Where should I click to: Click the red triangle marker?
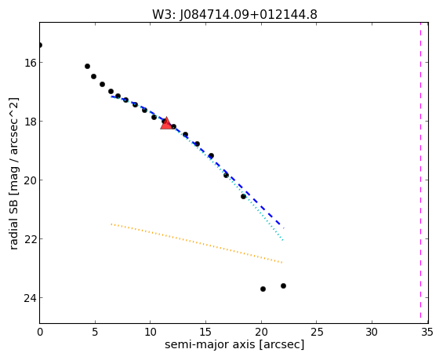[x=166, y=123]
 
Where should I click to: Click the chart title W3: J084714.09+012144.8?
[x=234, y=14]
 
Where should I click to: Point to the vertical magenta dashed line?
[x=420, y=173]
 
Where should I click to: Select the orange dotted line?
[x=197, y=243]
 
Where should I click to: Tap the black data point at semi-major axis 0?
[x=40, y=45]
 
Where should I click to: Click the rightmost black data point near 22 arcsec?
[x=283, y=286]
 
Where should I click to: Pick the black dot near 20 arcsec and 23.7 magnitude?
[x=263, y=289]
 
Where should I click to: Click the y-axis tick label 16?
[x=30, y=63]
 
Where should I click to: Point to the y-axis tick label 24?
[x=30, y=298]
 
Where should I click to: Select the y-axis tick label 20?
[x=30, y=180]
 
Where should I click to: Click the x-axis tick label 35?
[x=427, y=333]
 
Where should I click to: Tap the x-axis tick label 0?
[x=40, y=333]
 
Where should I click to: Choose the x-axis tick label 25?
[x=317, y=333]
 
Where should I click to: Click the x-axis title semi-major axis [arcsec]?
[x=234, y=345]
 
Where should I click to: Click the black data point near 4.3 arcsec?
[x=87, y=67]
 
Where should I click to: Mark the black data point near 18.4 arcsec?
[x=244, y=196]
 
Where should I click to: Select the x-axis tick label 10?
[x=151, y=333]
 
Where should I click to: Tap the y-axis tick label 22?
[x=30, y=239]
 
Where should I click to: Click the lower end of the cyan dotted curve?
[x=283, y=241]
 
